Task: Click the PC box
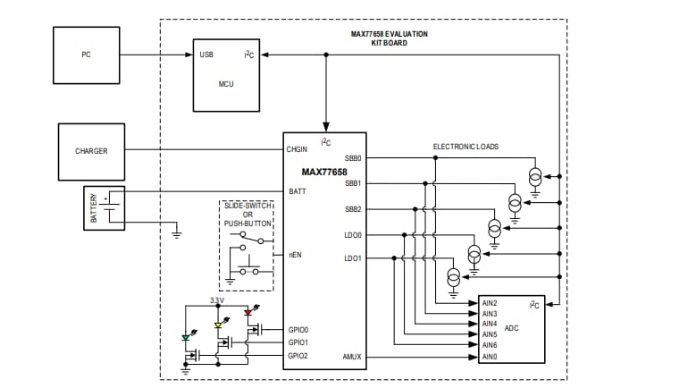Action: coord(86,55)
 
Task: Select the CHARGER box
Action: coord(91,151)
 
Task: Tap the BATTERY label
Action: coord(92,207)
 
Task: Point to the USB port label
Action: coord(206,55)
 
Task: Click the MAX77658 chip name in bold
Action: coord(324,172)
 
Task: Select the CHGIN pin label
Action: coord(298,149)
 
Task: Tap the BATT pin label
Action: coord(297,190)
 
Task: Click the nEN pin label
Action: coord(294,255)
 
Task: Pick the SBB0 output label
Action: coord(352,158)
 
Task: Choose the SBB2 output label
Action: coord(352,209)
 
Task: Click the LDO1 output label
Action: coord(352,259)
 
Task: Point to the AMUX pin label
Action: coord(351,357)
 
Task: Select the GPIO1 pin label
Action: coord(298,342)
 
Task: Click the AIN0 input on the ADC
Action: coord(489,357)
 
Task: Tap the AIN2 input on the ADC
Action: coord(489,304)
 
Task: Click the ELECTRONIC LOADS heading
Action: coord(465,146)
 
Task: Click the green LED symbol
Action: coord(185,338)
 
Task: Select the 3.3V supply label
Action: coord(217,300)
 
